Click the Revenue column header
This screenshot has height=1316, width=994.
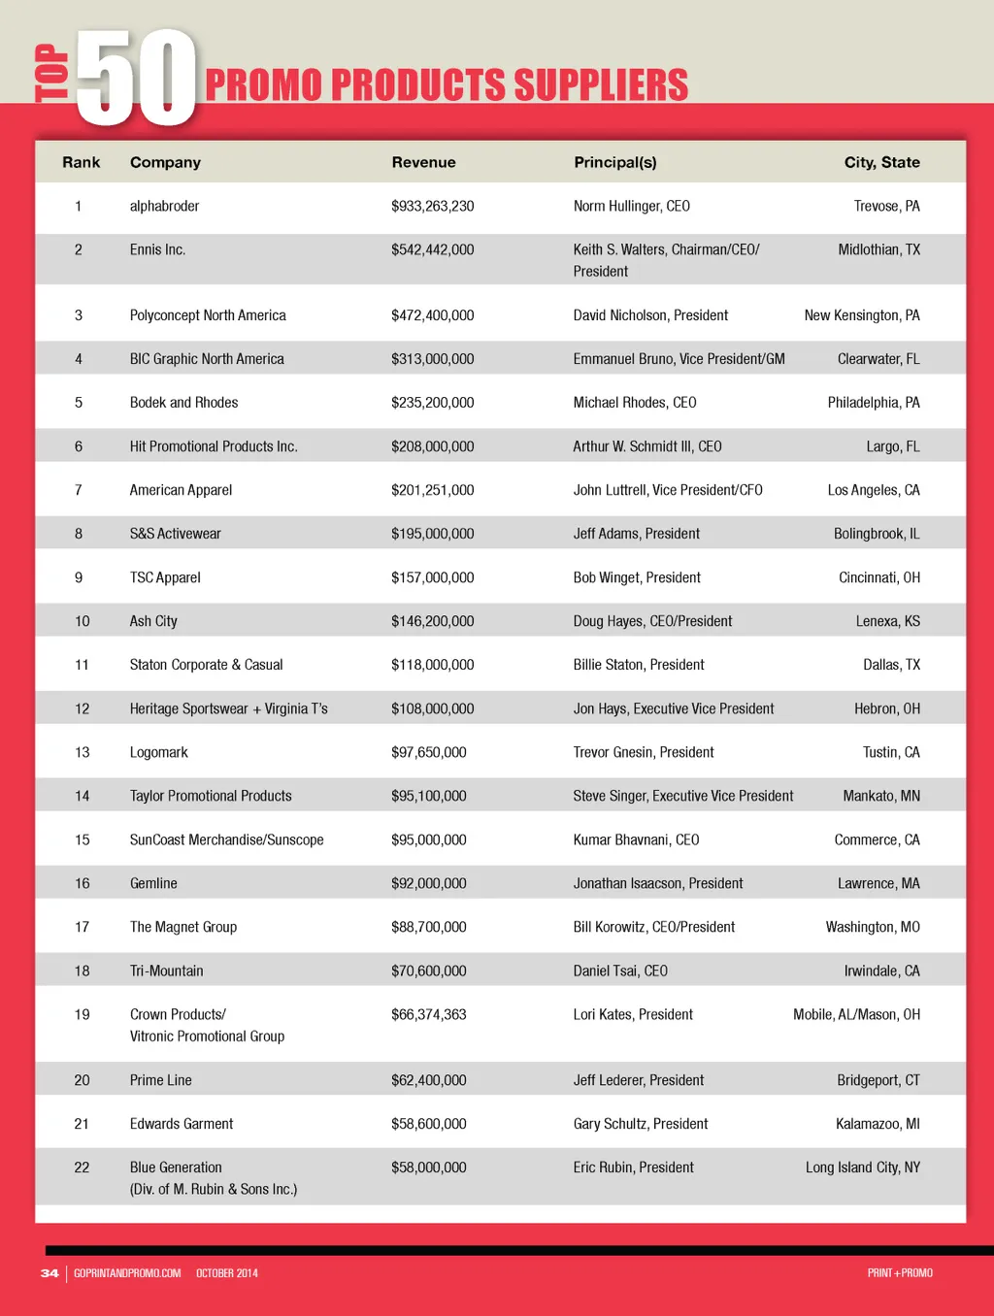[423, 162]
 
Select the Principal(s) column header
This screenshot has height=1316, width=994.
[614, 162]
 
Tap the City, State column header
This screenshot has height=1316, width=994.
[881, 162]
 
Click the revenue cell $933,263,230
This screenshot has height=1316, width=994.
[432, 206]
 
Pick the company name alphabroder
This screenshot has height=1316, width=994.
[164, 206]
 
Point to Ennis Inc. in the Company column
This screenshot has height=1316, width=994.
[157, 249]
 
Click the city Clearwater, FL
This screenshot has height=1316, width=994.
[878, 359]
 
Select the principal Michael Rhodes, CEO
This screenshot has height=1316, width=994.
[634, 403]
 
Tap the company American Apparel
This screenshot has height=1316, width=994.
[181, 490]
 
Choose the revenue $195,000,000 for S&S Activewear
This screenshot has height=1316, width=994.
[432, 534]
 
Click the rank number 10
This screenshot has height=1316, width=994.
[83, 621]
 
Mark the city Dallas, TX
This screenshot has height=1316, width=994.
[891, 665]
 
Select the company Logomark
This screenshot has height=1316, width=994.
[158, 752]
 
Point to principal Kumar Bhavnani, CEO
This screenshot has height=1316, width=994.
[636, 839]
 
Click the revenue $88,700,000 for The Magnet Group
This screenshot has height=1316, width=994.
[428, 927]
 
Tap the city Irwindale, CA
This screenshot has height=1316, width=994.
[881, 971]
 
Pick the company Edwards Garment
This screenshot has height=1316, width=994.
[182, 1124]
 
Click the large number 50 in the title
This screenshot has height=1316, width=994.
[136, 78]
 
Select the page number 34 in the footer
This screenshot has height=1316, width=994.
[50, 1273]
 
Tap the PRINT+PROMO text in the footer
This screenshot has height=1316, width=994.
[900, 1273]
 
